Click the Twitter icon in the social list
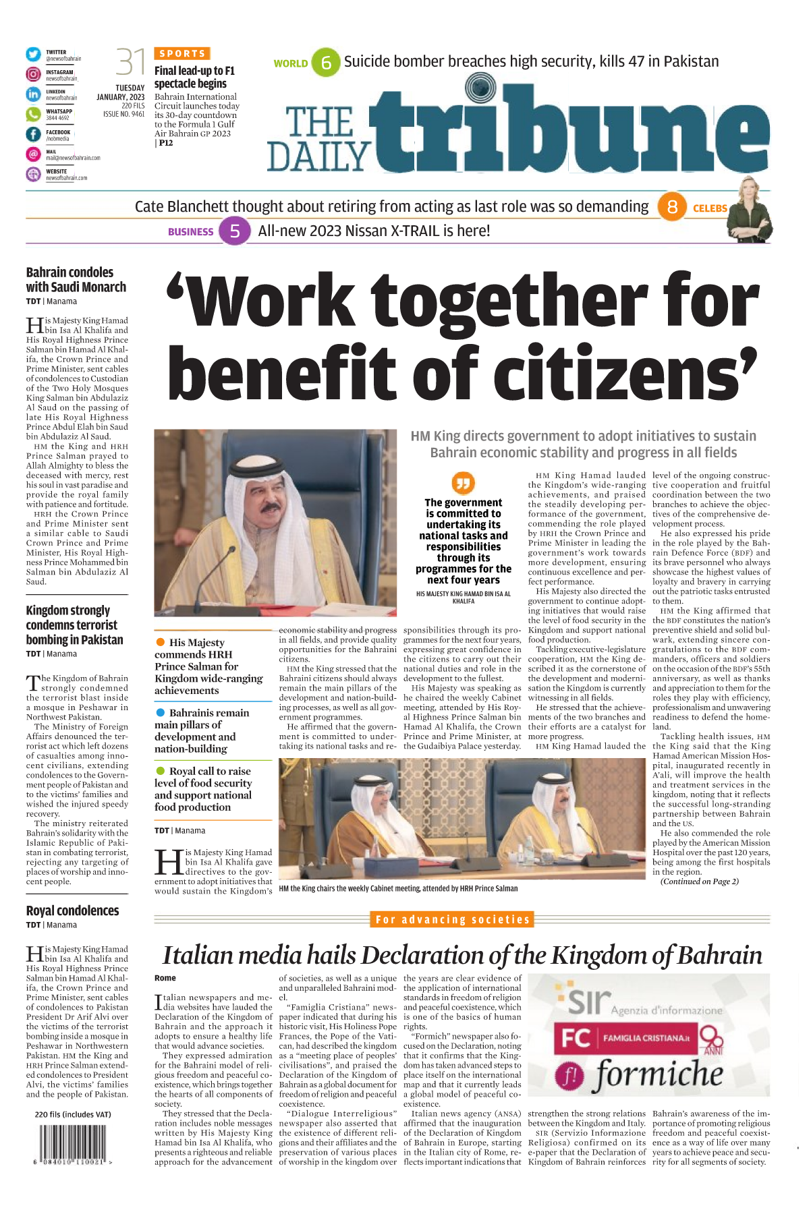[x=33, y=55]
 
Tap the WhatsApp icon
[x=33, y=114]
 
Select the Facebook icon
[x=33, y=134]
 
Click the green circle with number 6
[x=326, y=63]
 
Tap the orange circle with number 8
[x=672, y=207]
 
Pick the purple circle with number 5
[x=235, y=231]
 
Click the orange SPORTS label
[x=182, y=53]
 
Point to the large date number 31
[x=130, y=62]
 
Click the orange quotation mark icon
[x=464, y=483]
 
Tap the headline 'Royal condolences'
[x=72, y=910]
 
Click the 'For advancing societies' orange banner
[x=453, y=919]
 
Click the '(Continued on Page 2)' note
[x=699, y=881]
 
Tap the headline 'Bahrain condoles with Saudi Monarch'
[x=76, y=279]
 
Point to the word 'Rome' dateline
[x=165, y=978]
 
